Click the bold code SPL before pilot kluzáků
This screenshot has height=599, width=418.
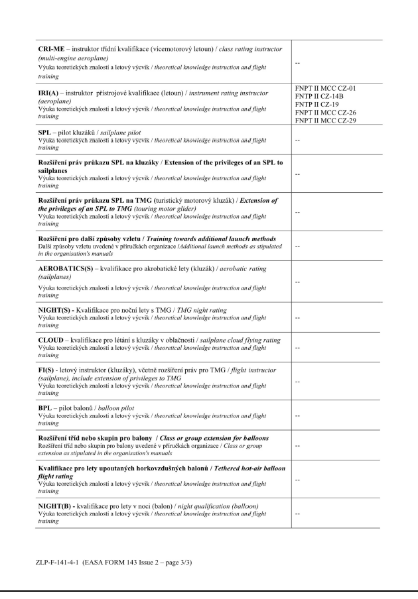click(x=45, y=133)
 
